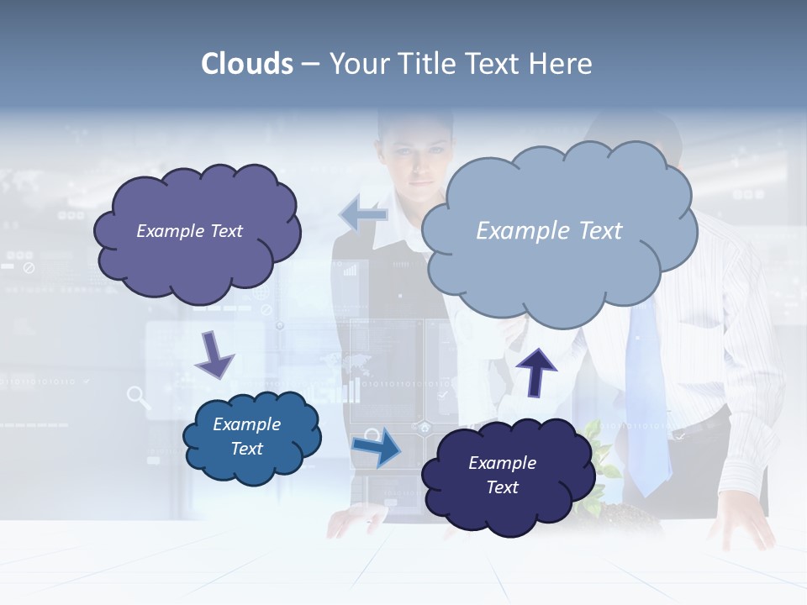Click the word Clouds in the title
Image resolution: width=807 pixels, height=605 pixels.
click(x=247, y=63)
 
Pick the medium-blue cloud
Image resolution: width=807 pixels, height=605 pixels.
click(x=251, y=437)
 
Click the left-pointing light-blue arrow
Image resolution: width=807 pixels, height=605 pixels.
click(x=363, y=214)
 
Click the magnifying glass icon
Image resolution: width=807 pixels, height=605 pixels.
click(x=139, y=397)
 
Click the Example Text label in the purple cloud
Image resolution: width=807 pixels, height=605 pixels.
click(x=189, y=231)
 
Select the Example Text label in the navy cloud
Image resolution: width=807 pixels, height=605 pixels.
click(x=502, y=475)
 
